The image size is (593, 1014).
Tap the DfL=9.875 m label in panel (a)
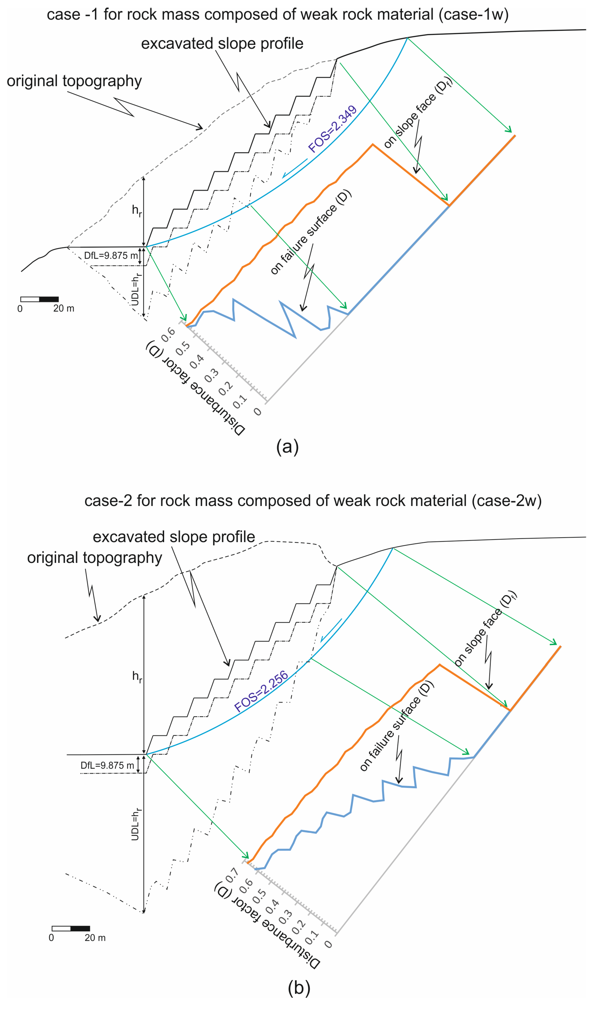[111, 255]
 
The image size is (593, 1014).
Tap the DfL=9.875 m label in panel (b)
[107, 765]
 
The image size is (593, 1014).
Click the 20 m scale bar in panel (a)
[39, 299]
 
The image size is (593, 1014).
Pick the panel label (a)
[287, 447]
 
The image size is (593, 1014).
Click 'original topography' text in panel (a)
[74, 81]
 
